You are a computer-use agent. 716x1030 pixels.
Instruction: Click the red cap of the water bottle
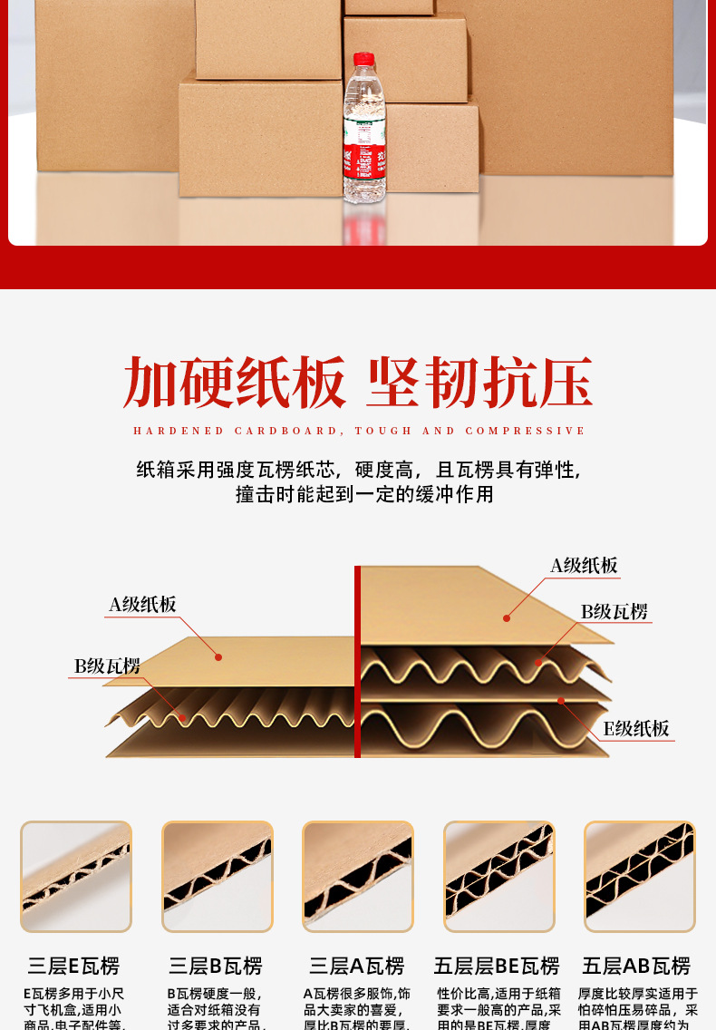click(x=363, y=59)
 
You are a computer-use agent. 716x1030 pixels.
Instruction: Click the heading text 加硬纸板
click(x=235, y=383)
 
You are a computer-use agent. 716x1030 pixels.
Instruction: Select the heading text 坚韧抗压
click(x=479, y=383)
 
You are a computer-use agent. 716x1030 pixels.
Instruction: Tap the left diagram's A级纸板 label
click(x=143, y=605)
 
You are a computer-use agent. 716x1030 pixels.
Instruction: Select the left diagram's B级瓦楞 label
click(x=107, y=666)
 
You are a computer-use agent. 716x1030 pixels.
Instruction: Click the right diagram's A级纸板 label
click(x=585, y=566)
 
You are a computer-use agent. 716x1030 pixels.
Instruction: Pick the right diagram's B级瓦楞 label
click(x=614, y=612)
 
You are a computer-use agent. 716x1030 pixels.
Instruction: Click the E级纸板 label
click(x=636, y=729)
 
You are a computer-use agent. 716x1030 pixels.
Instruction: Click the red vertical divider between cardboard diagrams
click(x=358, y=662)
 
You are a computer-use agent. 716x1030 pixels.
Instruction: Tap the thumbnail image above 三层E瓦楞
click(x=76, y=877)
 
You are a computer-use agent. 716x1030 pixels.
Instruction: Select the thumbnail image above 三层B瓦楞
click(x=218, y=877)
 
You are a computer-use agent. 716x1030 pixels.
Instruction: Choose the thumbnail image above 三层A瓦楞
click(x=358, y=877)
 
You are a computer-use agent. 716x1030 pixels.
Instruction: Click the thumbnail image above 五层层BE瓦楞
click(x=498, y=877)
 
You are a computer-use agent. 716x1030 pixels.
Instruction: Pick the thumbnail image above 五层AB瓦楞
click(x=640, y=877)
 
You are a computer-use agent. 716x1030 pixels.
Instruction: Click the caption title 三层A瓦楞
click(x=357, y=967)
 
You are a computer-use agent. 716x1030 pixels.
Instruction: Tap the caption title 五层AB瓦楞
click(x=636, y=967)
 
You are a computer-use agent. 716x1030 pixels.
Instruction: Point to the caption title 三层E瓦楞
click(x=73, y=967)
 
